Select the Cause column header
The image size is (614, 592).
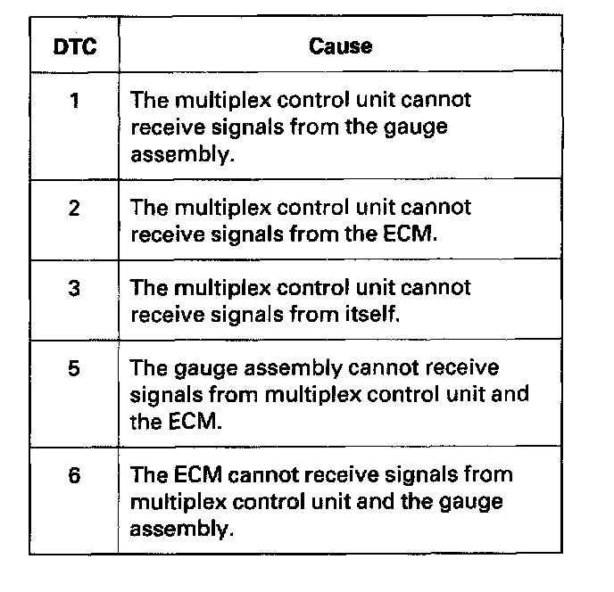pos(340,45)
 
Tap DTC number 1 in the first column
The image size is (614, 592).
pos(74,100)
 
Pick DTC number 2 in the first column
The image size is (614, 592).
pos(74,208)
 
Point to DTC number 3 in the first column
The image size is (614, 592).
pos(74,288)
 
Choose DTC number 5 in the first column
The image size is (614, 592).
pos(74,368)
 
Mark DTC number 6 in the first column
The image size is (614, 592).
pos(74,475)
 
